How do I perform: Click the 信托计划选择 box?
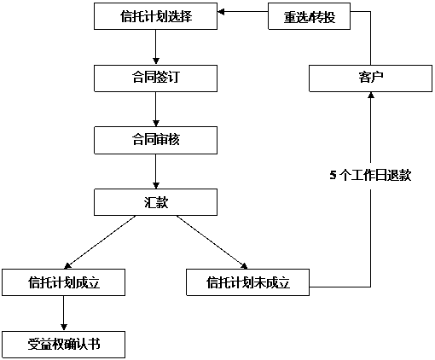coord(155,16)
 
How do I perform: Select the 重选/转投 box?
coord(309,16)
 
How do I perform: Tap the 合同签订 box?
coord(155,78)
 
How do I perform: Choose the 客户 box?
coord(370,78)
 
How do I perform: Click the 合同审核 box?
coord(155,141)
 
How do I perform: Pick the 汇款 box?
coord(155,202)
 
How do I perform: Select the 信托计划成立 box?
coord(63,282)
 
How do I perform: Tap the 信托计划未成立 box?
coord(247,282)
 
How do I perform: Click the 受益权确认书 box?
coord(63,345)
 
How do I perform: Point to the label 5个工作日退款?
coord(370,175)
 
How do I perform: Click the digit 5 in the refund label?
coord(333,175)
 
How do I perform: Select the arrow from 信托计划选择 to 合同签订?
coord(155,47)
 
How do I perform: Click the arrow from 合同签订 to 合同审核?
coord(155,109)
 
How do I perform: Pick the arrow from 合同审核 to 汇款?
coord(155,171)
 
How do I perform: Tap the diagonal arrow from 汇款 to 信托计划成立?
coord(100,242)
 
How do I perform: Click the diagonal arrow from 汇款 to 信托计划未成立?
coord(212,242)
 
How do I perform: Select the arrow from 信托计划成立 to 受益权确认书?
coord(63,313)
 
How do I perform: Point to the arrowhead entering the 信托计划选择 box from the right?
coord(221,12)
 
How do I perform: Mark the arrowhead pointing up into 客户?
coord(370,96)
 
